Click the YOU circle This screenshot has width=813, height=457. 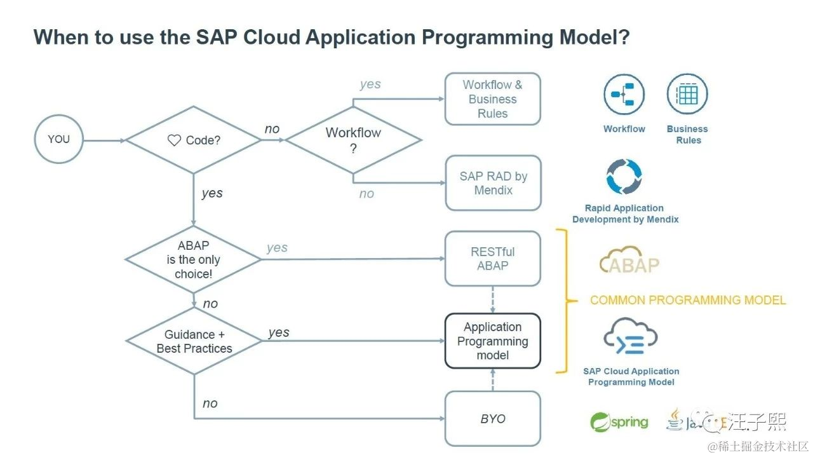tap(58, 139)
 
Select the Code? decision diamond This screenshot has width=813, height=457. tap(194, 140)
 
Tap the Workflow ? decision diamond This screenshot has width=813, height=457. tap(353, 140)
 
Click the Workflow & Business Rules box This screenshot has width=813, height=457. tap(493, 99)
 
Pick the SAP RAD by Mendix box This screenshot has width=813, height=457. tap(493, 183)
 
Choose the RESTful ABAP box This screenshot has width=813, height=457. tap(493, 259)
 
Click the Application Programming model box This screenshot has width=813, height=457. tap(493, 341)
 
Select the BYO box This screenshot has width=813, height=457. tap(493, 419)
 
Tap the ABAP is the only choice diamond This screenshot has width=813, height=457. tap(193, 259)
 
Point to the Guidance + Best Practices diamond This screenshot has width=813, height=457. tap(194, 341)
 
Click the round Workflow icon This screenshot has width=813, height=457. tap(623, 94)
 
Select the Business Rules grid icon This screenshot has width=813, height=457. tap(687, 94)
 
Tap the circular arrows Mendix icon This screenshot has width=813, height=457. tap(624, 176)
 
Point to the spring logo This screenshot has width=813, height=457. tap(619, 422)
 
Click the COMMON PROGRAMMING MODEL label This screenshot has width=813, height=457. tap(688, 300)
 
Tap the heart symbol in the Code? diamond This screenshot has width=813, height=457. tap(174, 140)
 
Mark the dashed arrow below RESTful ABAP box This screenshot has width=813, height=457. tap(493, 299)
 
